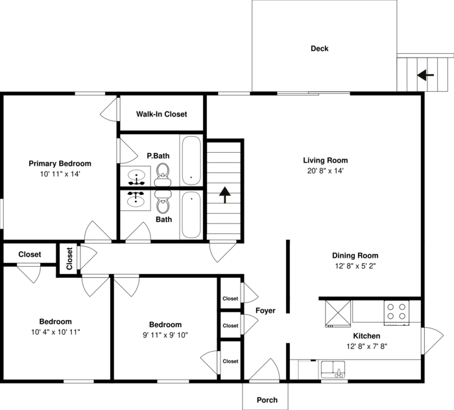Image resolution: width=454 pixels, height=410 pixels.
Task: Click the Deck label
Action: point(319,49)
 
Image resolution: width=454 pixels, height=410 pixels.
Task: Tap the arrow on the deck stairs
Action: point(425,75)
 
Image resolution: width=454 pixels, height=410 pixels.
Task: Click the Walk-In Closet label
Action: point(161,114)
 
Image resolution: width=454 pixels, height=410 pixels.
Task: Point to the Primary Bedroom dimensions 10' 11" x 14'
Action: point(60,174)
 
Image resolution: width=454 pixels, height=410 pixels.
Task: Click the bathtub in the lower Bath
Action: point(191,215)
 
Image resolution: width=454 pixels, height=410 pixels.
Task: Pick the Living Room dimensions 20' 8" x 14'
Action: point(326,171)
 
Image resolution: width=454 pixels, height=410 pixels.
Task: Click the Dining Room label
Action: point(355,255)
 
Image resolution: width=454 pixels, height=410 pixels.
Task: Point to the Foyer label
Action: point(265,311)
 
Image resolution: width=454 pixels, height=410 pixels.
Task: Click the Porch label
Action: point(267,400)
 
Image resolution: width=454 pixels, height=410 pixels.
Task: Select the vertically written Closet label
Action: point(69,259)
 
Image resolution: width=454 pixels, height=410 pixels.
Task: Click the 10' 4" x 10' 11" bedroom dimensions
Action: point(56,332)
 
